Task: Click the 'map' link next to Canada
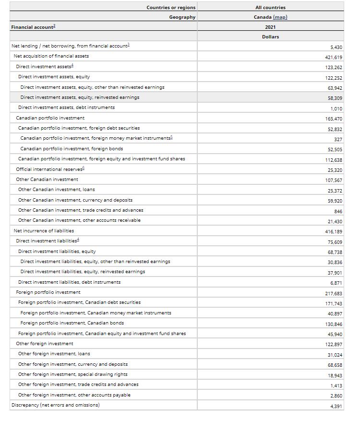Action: [280, 17]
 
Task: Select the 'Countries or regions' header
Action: [171, 8]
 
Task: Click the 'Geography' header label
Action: [182, 17]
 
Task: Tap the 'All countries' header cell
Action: [270, 8]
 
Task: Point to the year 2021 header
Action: [270, 27]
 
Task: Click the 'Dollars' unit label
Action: [270, 37]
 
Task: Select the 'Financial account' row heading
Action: [33, 27]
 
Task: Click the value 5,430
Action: [336, 47]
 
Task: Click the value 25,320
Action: [335, 170]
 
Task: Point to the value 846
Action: [338, 211]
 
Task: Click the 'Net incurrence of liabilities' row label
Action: [44, 230]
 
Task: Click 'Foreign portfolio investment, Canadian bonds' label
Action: [72, 323]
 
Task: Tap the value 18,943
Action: [335, 375]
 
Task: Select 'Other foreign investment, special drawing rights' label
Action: [72, 374]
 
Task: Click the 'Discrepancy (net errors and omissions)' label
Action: [55, 405]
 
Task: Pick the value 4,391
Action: [336, 406]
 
